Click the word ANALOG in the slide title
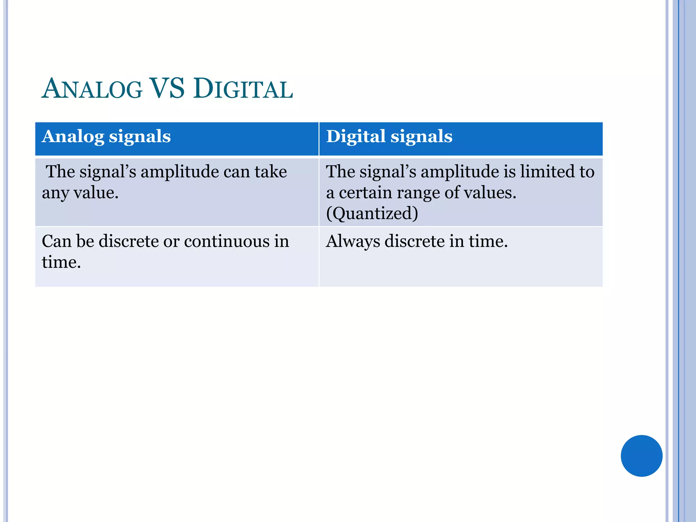[92, 89]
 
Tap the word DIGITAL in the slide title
[243, 89]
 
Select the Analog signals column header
[106, 137]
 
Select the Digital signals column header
[389, 137]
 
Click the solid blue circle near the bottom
[641, 456]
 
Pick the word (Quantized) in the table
[372, 213]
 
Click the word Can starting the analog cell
[56, 241]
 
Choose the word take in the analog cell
[271, 171]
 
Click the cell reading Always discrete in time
[460, 257]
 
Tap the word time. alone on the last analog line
[62, 262]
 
